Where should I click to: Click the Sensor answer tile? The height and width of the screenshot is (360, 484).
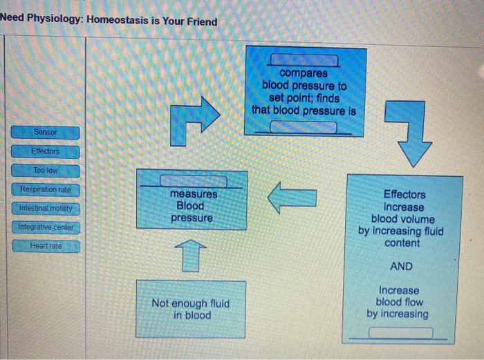pos(45,132)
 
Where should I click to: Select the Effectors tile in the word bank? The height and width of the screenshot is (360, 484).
pos(45,151)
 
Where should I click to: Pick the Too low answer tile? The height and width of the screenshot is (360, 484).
pos(45,170)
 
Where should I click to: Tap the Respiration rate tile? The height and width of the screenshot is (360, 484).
pos(45,189)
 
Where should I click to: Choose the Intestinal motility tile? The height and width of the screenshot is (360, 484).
pos(45,208)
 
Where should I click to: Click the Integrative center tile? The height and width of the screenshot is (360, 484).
pos(45,227)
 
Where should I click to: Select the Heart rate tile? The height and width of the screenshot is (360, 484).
pos(45,245)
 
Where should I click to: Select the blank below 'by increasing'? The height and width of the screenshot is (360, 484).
pos(400,333)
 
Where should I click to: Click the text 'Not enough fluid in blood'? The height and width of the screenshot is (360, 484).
pos(191,309)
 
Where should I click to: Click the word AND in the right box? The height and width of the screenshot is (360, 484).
pos(401,266)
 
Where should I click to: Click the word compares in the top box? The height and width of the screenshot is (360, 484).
pos(304,73)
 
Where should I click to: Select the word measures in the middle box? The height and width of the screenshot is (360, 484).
pos(194,194)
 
